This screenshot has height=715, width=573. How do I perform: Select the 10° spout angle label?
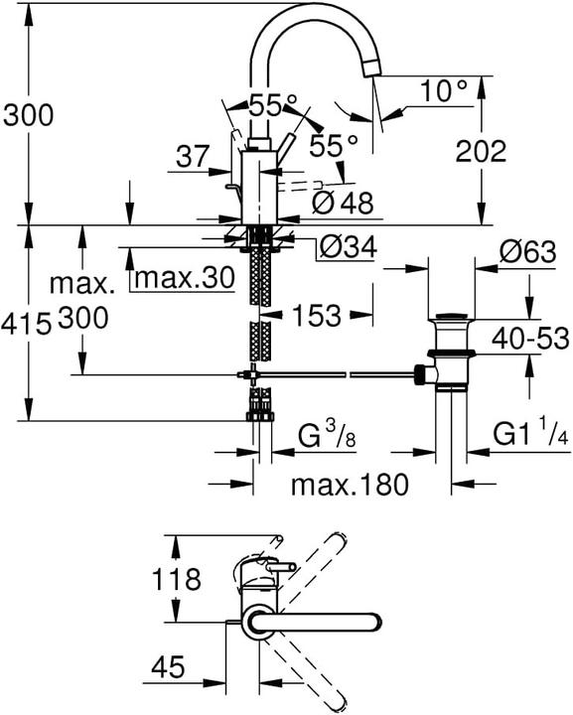[x=442, y=92]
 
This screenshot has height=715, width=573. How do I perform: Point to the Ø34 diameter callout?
[x=348, y=249]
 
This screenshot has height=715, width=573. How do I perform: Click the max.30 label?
[x=184, y=278]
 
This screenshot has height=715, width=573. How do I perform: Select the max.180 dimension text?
[x=350, y=486]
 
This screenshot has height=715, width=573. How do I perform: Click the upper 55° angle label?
[x=274, y=103]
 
